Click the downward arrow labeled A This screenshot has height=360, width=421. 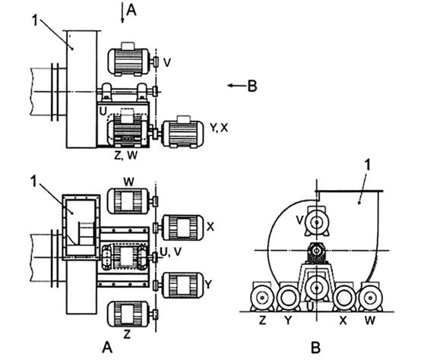pyautogui.click(x=122, y=13)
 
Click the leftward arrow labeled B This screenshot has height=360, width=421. pyautogui.click(x=237, y=86)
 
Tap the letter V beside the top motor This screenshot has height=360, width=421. pyautogui.click(x=167, y=63)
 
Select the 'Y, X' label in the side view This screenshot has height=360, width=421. pyautogui.click(x=219, y=128)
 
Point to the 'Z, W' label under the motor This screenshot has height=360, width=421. pyautogui.click(x=125, y=156)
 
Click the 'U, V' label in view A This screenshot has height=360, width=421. pyautogui.click(x=171, y=251)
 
